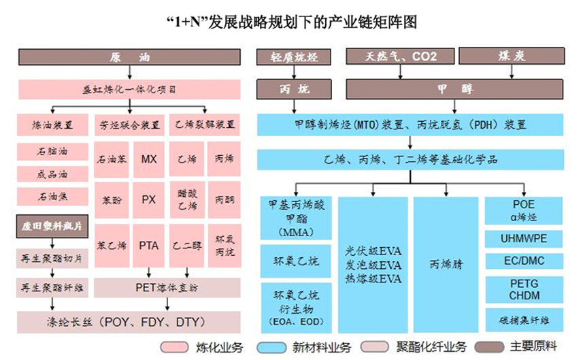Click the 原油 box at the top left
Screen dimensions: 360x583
point(129,57)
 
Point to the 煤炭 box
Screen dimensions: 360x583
point(511,56)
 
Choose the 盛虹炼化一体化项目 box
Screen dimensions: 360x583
point(129,89)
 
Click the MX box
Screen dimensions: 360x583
point(149,159)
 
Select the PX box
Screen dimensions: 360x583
point(149,200)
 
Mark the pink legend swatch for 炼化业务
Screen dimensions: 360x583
point(174,347)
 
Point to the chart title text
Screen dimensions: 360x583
point(291,22)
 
